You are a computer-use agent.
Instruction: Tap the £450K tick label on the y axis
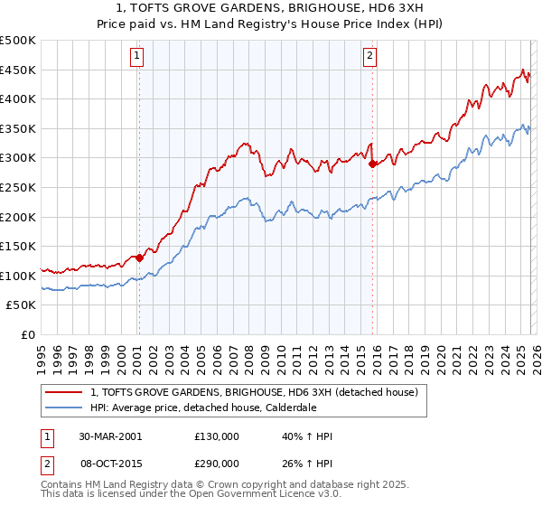(x=18, y=70)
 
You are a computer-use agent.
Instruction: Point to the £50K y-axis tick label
(x=21, y=305)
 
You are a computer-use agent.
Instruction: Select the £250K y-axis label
(x=18, y=187)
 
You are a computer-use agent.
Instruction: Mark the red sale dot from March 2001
(x=139, y=258)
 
